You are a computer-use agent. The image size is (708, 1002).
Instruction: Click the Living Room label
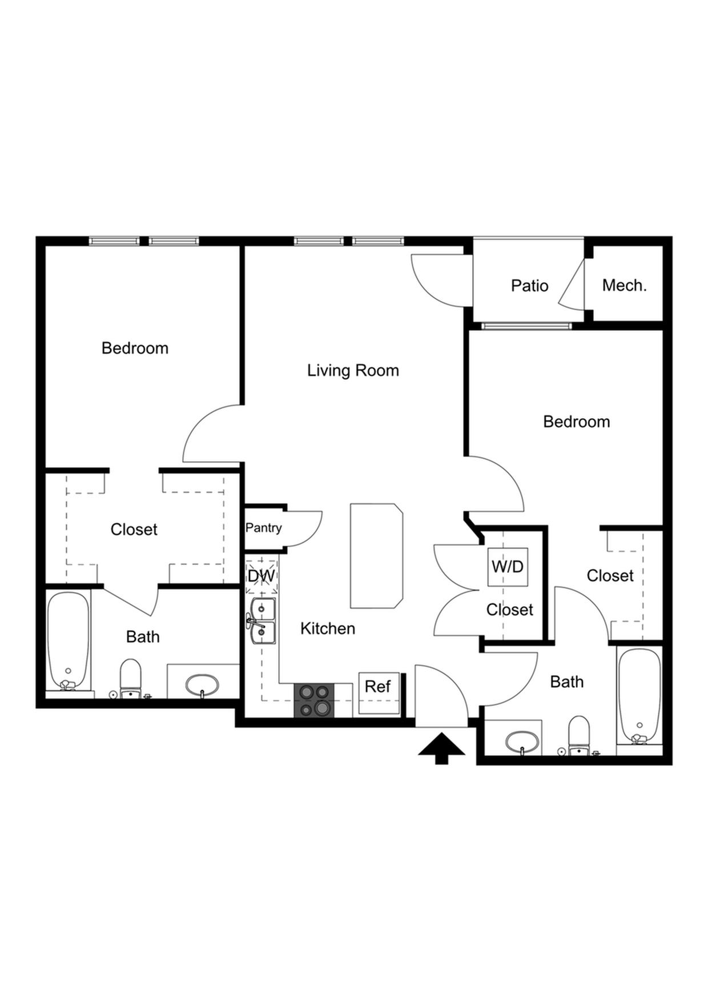point(353,370)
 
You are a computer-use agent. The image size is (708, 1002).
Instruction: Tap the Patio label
point(530,286)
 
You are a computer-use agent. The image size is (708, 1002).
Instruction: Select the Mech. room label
point(625,285)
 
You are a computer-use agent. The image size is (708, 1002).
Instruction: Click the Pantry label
point(264,528)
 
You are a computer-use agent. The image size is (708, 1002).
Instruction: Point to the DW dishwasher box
point(262,576)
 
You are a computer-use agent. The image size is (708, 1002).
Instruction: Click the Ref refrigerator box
point(379,693)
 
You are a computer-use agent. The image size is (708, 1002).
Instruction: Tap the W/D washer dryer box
point(508,567)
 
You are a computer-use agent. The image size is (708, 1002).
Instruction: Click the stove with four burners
point(314,700)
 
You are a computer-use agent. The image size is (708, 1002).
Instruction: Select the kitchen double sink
point(262,621)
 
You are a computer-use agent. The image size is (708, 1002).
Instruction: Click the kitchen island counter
point(376,556)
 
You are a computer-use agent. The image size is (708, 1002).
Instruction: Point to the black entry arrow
point(441,748)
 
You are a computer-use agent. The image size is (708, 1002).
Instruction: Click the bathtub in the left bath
point(69,642)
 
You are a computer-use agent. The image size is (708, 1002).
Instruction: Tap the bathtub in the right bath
point(639,696)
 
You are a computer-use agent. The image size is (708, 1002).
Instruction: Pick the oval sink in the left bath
point(202,684)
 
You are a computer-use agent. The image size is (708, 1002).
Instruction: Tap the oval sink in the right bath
point(522,742)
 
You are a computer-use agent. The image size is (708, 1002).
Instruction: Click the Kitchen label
point(328,628)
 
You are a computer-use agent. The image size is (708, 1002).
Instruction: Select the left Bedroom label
point(135,348)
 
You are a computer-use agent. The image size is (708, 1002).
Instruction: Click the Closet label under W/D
point(510,610)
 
